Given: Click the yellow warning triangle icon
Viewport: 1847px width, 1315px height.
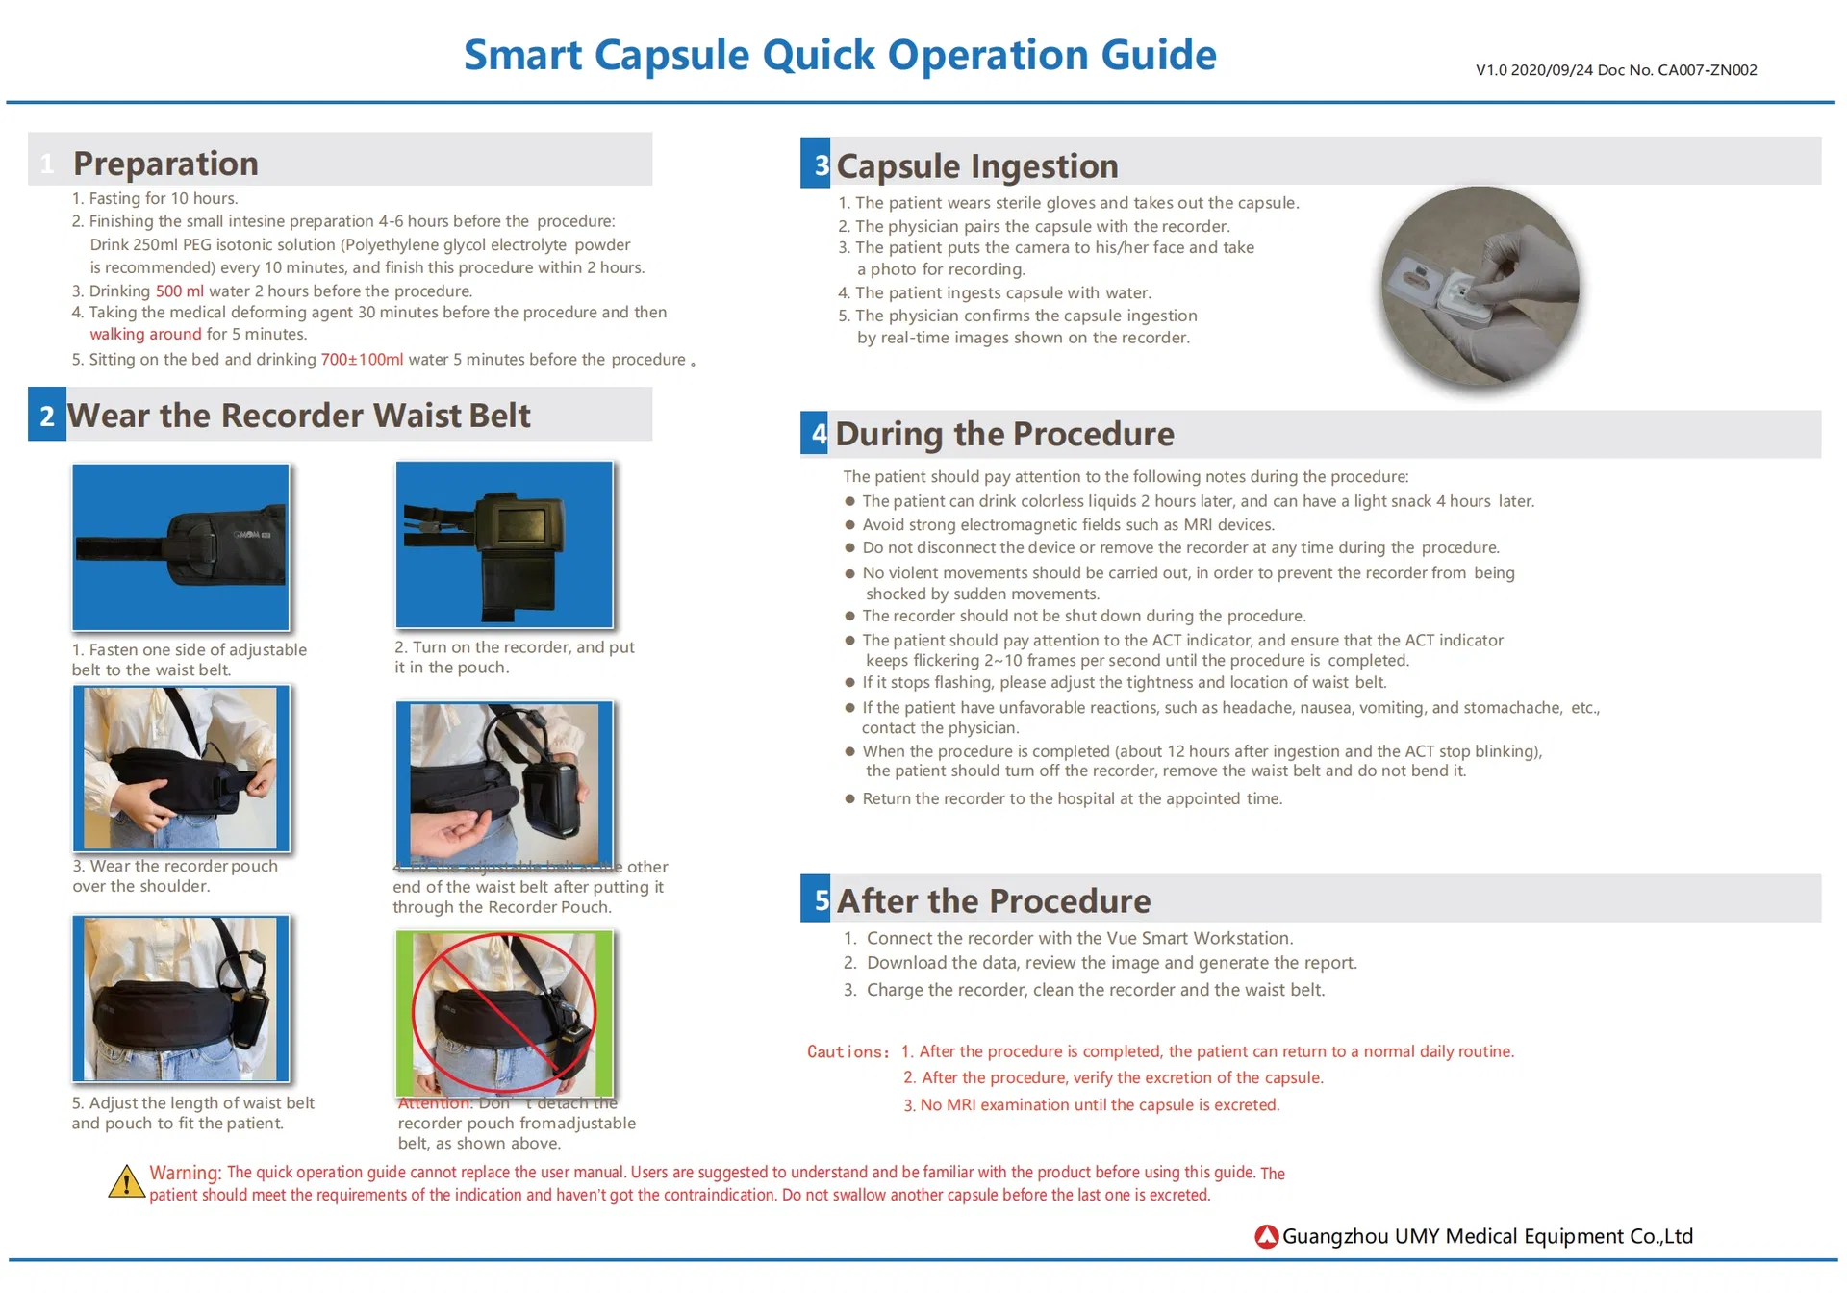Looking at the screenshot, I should (x=126, y=1182).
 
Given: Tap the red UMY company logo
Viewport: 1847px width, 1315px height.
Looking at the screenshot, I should (x=1266, y=1236).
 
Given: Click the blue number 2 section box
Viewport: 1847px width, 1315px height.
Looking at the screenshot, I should (x=47, y=415).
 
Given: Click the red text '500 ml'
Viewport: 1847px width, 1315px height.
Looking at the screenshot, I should (x=179, y=291).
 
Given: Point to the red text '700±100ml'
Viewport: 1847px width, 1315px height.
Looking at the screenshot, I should (x=362, y=359).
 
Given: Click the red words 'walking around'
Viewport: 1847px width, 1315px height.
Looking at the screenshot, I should (x=145, y=334).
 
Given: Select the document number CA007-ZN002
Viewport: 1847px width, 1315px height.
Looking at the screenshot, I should (x=1707, y=70).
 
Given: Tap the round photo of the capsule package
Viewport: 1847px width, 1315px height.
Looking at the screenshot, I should (x=1480, y=288).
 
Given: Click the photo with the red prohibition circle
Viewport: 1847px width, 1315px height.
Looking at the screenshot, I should (x=504, y=1012).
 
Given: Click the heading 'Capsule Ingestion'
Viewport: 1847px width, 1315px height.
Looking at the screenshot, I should (x=976, y=165).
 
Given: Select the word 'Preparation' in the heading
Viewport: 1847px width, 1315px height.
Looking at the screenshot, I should (x=165, y=163).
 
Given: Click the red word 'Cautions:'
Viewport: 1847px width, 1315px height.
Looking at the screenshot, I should (x=848, y=1051).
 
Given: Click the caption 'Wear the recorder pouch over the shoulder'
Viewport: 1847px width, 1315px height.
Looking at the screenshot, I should (x=175, y=875).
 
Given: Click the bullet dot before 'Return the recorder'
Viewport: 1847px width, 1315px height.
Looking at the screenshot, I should (x=849, y=798).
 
